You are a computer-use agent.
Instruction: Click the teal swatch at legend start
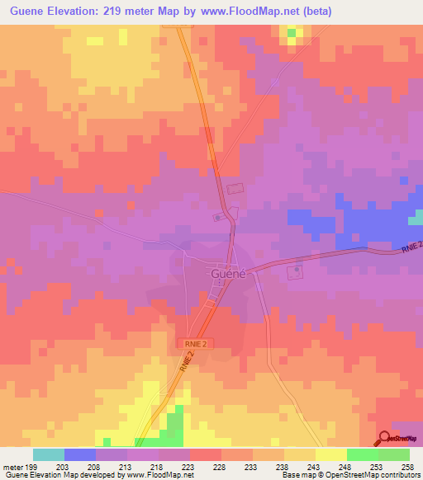click(49, 454)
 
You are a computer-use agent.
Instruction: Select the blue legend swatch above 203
click(80, 454)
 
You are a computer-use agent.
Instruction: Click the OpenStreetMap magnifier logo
click(384, 438)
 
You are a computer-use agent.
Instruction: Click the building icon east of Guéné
click(296, 271)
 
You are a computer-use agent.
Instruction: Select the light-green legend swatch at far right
click(394, 454)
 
